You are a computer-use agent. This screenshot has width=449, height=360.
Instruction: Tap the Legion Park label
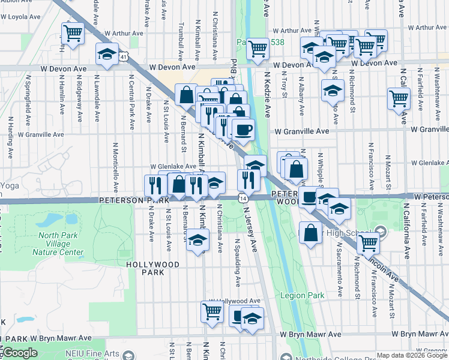point(306,295)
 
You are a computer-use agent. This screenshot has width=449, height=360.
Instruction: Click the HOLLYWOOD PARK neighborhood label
point(153,268)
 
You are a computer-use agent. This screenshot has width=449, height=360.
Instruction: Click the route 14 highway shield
point(243,197)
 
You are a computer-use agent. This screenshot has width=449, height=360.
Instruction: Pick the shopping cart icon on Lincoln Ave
point(368,244)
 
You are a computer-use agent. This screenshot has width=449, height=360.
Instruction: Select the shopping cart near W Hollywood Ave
point(212,311)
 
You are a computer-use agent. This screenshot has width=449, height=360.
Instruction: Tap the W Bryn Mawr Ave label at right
point(418,334)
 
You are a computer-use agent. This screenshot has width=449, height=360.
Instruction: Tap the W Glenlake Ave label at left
point(173,166)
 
